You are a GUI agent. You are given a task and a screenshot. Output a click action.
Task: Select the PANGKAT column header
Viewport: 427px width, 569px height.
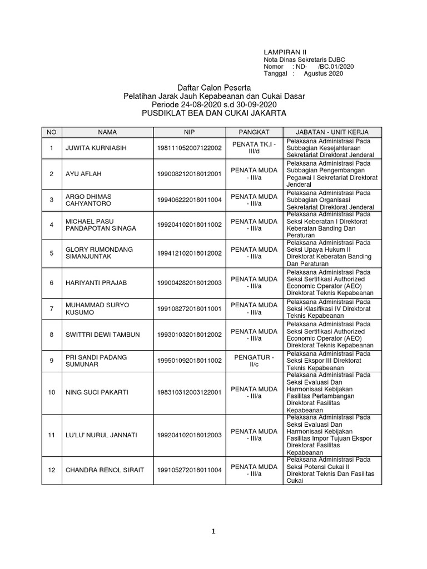tap(254, 132)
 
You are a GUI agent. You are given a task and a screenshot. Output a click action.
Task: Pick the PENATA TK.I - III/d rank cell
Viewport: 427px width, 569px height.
tap(254, 148)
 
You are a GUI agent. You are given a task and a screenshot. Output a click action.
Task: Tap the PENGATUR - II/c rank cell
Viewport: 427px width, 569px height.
tap(254, 360)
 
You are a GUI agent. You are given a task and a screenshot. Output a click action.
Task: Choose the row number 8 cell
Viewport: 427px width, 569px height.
tap(51, 335)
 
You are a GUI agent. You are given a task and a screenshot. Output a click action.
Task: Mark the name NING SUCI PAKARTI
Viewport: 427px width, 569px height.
tap(97, 392)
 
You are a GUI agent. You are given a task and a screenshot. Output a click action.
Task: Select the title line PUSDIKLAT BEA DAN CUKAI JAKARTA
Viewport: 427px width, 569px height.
tap(214, 113)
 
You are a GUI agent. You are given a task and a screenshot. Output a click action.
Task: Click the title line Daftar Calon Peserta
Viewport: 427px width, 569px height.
tap(214, 88)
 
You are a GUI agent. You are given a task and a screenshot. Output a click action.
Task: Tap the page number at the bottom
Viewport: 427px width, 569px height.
tap(213, 531)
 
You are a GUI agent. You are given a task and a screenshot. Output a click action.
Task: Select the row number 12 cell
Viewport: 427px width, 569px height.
tap(51, 470)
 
